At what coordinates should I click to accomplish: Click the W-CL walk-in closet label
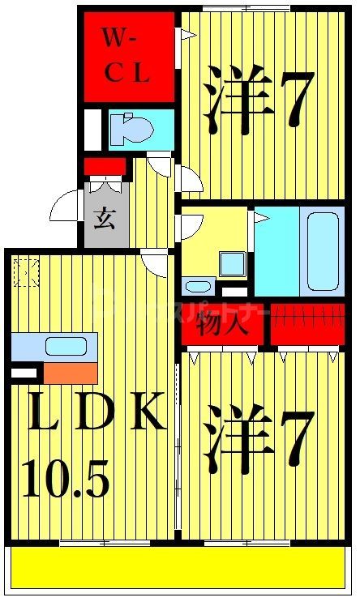tap(127, 55)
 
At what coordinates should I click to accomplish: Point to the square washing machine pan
tap(233, 264)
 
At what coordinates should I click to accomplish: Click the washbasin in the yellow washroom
tap(198, 285)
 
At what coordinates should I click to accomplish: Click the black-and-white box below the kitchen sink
tap(25, 373)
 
